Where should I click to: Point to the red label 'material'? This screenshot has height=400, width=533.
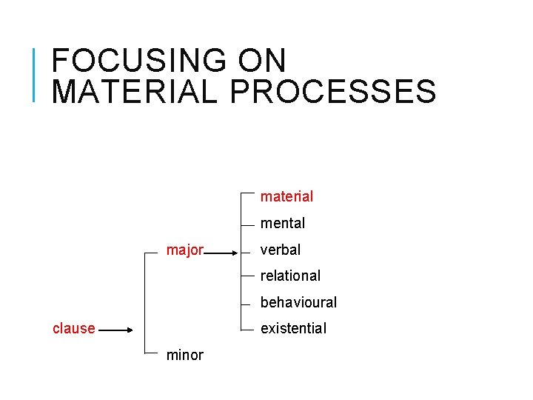(286, 196)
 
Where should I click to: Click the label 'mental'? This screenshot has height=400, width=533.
(282, 223)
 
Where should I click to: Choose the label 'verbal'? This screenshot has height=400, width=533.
(280, 250)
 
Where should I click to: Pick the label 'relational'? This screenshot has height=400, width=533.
(290, 276)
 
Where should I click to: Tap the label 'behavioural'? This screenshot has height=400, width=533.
(298, 302)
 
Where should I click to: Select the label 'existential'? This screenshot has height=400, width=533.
(293, 328)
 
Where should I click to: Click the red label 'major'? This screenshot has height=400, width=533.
(184, 250)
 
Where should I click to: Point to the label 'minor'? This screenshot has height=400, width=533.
(184, 355)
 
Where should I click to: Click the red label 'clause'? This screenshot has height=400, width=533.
(73, 328)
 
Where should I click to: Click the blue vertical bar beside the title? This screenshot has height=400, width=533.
(35, 74)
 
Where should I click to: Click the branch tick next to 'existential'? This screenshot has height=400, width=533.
(249, 331)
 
